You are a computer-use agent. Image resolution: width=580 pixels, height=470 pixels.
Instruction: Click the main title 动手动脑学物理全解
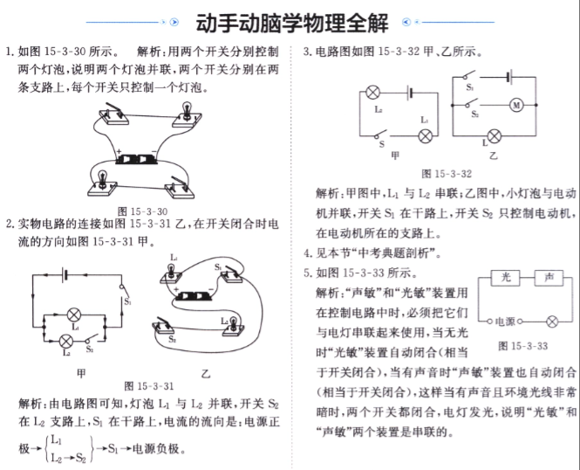[292, 23]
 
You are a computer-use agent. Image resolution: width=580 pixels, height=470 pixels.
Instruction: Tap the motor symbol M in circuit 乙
[516, 105]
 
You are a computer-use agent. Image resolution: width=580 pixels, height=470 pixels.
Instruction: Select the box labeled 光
[505, 278]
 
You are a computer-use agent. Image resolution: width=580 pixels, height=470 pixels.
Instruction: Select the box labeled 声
[549, 278]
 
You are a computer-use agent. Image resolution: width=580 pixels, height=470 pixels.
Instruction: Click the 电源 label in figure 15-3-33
[505, 321]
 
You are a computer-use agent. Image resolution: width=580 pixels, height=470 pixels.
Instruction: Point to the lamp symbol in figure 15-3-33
[552, 321]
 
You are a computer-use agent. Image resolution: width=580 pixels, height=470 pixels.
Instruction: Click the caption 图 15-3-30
[143, 211]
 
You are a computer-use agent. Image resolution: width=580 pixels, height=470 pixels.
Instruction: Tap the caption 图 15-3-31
[148, 386]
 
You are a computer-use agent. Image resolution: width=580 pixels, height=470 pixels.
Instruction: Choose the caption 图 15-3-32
[447, 174]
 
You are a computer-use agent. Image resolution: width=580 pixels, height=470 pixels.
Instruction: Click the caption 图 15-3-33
[522, 346]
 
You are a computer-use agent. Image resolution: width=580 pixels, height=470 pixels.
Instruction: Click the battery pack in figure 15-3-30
[137, 159]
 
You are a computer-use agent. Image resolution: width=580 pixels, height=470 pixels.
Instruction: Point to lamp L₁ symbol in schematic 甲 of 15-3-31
[74, 315]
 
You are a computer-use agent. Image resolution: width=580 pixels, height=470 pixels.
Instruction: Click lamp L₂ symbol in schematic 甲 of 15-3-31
[66, 341]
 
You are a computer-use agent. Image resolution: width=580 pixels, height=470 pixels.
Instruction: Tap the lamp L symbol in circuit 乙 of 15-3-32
[495, 136]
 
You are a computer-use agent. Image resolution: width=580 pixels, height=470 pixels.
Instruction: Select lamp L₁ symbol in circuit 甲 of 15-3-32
[425, 136]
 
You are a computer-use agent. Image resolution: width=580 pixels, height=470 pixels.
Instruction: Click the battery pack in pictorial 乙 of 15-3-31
[194, 296]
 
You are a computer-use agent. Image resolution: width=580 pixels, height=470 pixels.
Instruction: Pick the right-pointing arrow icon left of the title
[174, 22]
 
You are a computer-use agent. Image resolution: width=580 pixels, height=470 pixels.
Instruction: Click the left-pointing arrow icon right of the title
[406, 22]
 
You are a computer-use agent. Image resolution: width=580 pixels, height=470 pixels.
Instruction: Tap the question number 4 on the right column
[307, 253]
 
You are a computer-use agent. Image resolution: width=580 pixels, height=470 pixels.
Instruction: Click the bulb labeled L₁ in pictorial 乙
[171, 270]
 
